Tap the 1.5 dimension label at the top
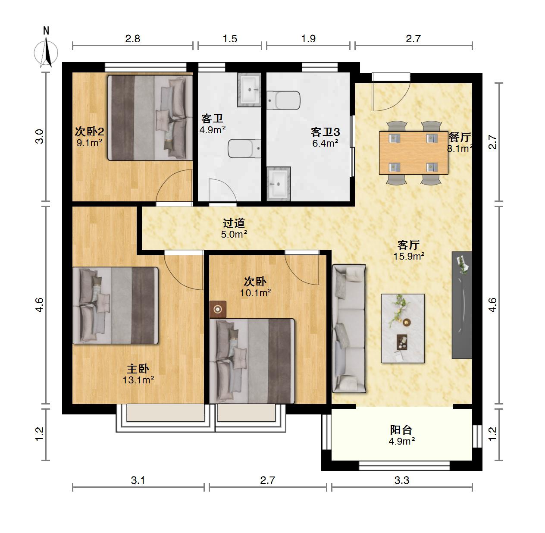click(230, 39)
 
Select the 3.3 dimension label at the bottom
click(401, 480)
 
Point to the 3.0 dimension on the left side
click(40, 136)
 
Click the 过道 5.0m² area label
click(234, 229)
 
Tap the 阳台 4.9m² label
click(401, 436)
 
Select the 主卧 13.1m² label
click(138, 374)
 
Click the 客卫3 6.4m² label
click(325, 137)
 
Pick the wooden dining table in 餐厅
click(413, 153)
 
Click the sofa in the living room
click(349, 329)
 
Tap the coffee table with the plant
click(403, 328)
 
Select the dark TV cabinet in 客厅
click(462, 305)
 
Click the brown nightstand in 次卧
click(218, 309)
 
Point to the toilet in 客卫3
click(283, 100)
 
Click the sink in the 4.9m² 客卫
click(249, 90)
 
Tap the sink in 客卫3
click(279, 184)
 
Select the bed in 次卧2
click(150, 118)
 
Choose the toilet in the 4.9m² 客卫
click(244, 148)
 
